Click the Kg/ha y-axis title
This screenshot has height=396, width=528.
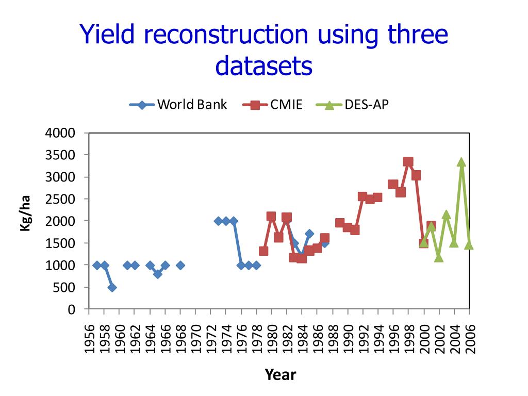[25, 213]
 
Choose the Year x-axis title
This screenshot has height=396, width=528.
[280, 374]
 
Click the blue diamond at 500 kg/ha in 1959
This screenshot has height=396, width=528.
[112, 287]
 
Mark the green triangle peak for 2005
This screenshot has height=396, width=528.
[461, 162]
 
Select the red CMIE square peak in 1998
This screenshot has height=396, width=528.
[408, 162]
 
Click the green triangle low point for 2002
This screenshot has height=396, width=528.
[439, 257]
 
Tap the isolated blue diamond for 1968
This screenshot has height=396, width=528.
[180, 265]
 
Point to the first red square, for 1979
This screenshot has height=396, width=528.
[263, 251]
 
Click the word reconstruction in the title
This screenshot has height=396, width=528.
[223, 35]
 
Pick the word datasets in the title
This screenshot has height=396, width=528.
[264, 66]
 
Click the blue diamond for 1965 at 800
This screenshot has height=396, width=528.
[158, 274]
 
